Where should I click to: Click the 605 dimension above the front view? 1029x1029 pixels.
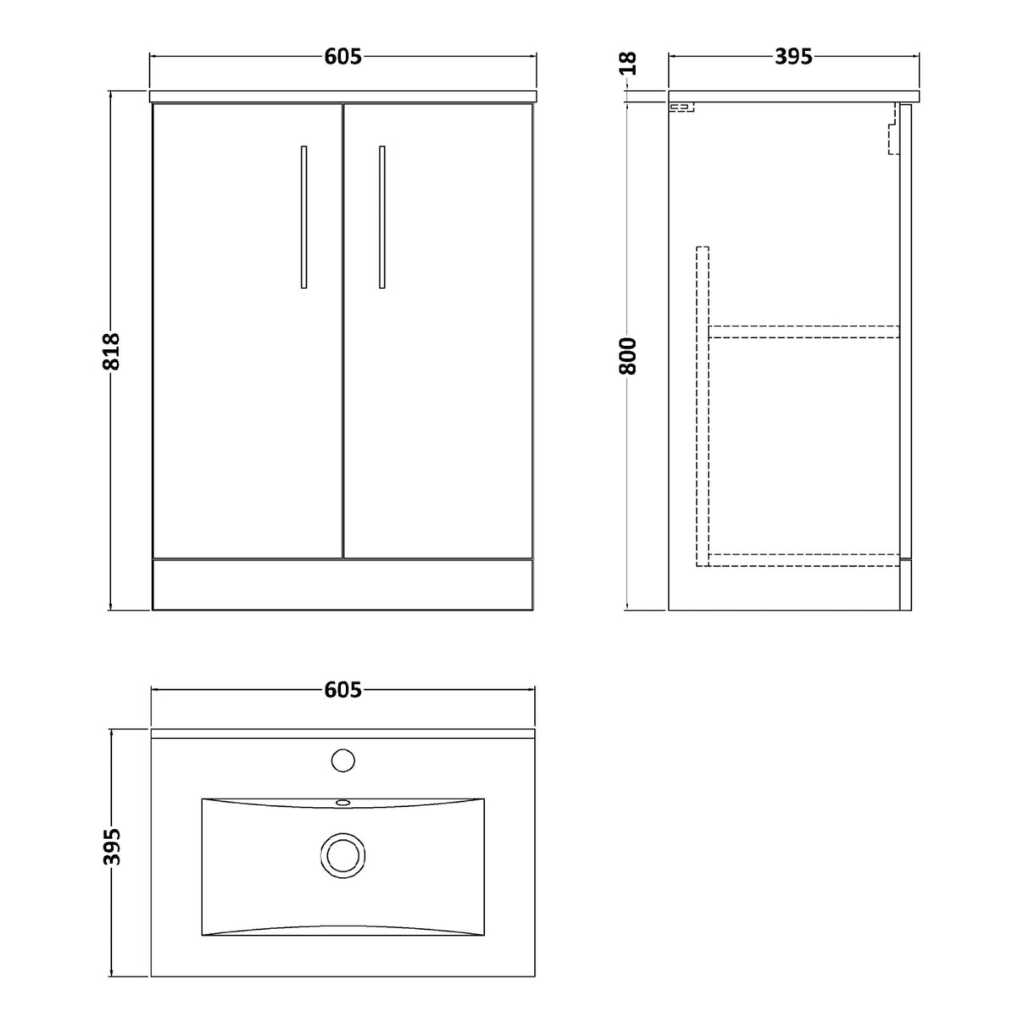coord(342,57)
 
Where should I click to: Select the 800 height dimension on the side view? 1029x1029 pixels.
coord(627,355)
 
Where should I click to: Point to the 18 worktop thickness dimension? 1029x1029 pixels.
coord(627,63)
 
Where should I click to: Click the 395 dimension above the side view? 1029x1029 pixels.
coord(793,57)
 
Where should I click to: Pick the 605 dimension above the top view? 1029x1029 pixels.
coord(342,690)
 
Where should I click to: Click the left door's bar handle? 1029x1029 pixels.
coord(304,217)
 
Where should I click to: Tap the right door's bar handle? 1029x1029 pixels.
coord(382,217)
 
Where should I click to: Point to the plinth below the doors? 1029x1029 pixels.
coord(342,584)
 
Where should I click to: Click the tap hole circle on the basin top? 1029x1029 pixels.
coord(343,760)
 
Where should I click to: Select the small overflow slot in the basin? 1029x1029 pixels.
coord(343,802)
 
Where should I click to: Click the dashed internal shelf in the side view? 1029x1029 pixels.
coord(804,332)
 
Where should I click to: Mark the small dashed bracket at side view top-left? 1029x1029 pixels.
coord(681,108)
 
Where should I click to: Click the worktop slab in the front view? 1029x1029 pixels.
coord(342,95)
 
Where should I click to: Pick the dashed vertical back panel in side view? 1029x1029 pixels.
coord(702,407)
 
